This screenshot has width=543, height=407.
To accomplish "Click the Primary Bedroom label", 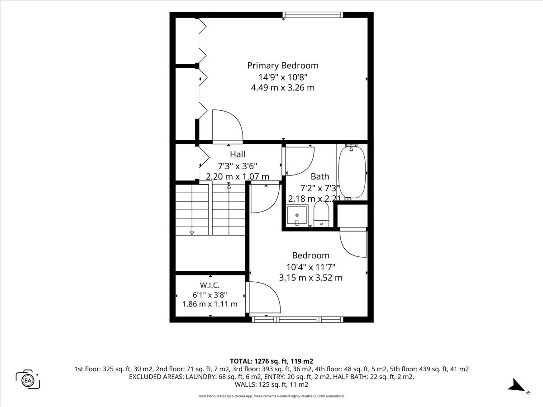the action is (x=283, y=66).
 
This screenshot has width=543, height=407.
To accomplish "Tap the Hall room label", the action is (x=238, y=154).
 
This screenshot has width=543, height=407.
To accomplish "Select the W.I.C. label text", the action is (x=210, y=285).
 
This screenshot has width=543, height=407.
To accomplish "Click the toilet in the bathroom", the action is (x=321, y=214).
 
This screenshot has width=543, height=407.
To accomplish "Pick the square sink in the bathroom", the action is (x=297, y=216).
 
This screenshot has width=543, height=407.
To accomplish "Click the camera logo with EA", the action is (x=28, y=379).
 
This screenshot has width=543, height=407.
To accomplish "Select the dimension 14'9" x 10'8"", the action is (x=283, y=77).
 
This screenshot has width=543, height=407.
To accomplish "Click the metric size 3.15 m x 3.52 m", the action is (x=311, y=278).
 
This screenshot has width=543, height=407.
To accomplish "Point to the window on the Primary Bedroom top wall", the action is (x=313, y=15).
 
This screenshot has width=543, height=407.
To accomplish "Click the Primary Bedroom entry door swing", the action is (x=228, y=126).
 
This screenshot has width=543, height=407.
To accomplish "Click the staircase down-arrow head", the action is (x=192, y=233).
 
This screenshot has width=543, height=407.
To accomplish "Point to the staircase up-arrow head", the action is (x=229, y=186).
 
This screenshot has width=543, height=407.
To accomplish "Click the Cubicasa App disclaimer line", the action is (x=271, y=396).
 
